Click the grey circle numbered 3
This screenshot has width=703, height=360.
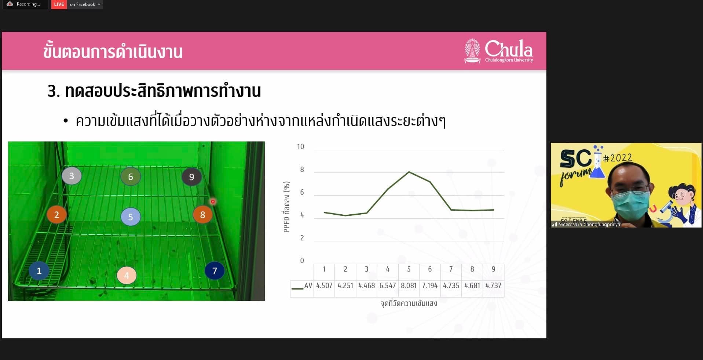72,176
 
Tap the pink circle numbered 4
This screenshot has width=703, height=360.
127,275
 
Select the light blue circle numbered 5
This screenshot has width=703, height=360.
131,217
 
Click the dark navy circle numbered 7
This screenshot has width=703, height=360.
215,271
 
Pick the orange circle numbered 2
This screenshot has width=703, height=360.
56,215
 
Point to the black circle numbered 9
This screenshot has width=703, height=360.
191,177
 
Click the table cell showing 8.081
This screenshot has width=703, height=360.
409,286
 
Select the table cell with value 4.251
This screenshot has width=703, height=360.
345,286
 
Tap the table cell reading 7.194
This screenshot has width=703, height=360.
430,286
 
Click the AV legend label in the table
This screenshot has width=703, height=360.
308,286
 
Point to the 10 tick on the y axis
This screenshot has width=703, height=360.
301,147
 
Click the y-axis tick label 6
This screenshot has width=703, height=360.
302,192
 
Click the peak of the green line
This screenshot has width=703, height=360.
409,172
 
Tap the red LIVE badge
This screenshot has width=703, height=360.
59,4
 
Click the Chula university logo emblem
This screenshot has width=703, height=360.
472,51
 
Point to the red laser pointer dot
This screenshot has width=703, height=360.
213,201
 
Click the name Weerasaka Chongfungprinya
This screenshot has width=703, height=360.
589,224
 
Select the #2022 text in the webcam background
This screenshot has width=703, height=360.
618,158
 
